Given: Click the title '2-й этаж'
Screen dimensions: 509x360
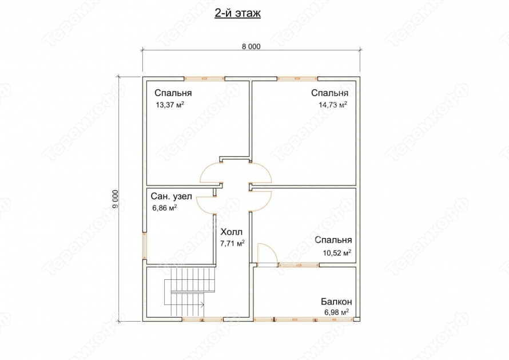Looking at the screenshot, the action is [237, 13].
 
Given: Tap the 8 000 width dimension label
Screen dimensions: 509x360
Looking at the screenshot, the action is [251, 46].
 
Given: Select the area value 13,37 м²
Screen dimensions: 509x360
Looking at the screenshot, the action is [170, 105].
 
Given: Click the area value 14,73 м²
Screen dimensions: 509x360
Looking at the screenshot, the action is [333, 105].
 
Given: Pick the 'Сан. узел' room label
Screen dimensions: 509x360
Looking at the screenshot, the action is [172, 196].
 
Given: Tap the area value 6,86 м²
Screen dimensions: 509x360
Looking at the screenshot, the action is [165, 208].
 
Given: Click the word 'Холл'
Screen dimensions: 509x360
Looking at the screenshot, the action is [232, 232].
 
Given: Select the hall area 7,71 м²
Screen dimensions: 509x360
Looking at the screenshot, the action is [232, 243].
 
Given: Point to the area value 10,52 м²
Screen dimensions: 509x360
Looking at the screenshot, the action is [337, 252].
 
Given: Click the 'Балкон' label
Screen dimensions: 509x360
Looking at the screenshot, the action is [336, 302].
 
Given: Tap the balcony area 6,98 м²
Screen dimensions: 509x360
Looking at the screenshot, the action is [337, 312].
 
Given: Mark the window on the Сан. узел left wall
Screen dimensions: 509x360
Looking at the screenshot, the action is [145, 246].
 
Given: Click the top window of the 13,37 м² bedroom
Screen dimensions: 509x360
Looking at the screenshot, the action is [205, 78].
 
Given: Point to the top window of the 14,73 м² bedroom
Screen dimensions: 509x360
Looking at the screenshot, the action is [297, 78].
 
